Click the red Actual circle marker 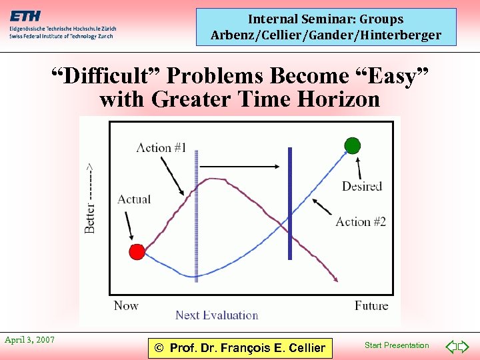click(x=137, y=251)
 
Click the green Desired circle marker click(x=352, y=145)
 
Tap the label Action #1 click(x=161, y=147)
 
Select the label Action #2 click(x=361, y=221)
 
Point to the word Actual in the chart click(x=134, y=199)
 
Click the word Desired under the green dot click(x=362, y=186)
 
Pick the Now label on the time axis click(x=126, y=306)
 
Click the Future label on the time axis click(x=371, y=306)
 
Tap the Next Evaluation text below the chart click(x=217, y=315)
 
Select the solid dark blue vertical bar click(x=290, y=203)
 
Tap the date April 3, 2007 click(x=30, y=340)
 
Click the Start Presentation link click(x=397, y=345)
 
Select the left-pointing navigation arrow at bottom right click(x=451, y=346)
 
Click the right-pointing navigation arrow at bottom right click(x=465, y=346)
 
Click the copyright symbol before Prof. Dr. click(x=159, y=347)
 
